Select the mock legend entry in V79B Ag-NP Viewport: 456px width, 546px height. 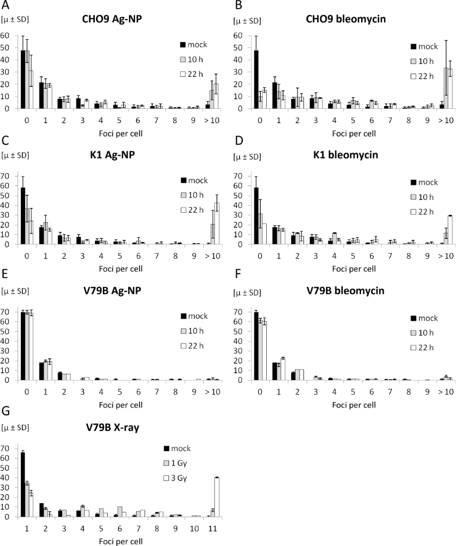coord(195,315)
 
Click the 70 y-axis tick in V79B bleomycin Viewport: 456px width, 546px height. coord(241,311)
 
